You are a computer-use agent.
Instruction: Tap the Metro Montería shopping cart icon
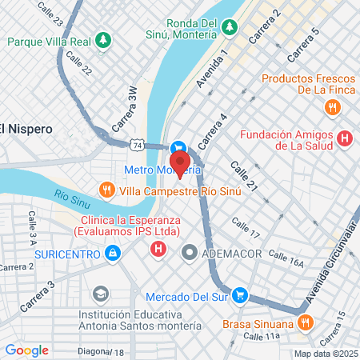tap(179, 148)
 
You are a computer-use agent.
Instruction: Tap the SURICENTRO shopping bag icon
tap(113, 254)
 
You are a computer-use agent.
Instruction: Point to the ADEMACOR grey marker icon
tap(190, 254)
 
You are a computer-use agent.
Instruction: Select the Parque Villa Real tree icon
tap(102, 38)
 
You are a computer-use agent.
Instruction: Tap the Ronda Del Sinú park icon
tap(230, 27)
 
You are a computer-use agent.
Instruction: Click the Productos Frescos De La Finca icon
tap(330, 106)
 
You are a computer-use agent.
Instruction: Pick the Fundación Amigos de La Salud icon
tap(345, 139)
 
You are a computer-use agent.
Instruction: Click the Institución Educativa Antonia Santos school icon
tap(99, 293)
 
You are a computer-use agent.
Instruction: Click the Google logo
tap(27, 350)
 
